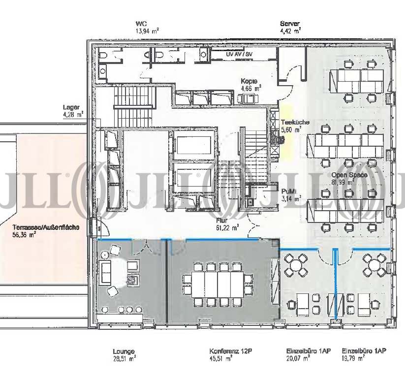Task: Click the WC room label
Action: pyautogui.click(x=141, y=24)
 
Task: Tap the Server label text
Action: pyautogui.click(x=290, y=24)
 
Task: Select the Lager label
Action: pyautogui.click(x=71, y=107)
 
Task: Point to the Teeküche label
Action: pyautogui.click(x=295, y=122)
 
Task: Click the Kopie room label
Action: pyautogui.click(x=249, y=81)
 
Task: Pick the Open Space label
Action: pyautogui.click(x=349, y=175)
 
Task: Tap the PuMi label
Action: pyautogui.click(x=289, y=191)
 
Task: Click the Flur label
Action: pyautogui.click(x=222, y=221)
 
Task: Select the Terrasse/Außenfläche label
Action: pyautogui.click(x=46, y=227)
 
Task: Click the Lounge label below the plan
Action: pyautogui.click(x=124, y=351)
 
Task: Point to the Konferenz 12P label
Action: pyautogui.click(x=231, y=351)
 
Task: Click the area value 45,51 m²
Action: pyautogui.click(x=220, y=358)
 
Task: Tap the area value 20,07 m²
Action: pyautogui.click(x=298, y=358)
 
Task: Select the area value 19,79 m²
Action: pyautogui.click(x=353, y=358)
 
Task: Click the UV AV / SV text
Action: pyautogui.click(x=239, y=55)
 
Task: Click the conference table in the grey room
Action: pyautogui.click(x=218, y=285)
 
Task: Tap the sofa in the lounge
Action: pyautogui.click(x=105, y=271)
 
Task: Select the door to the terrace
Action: pyautogui.click(x=99, y=227)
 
